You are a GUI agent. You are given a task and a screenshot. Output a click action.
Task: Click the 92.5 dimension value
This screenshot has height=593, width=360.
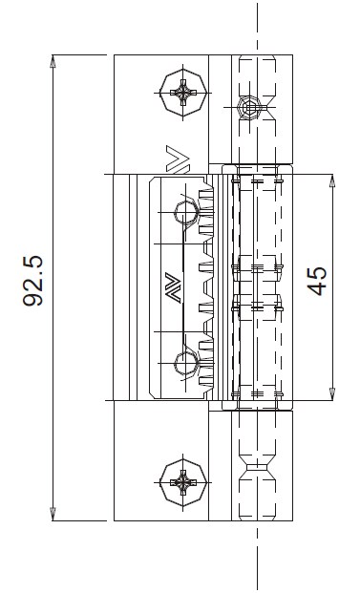pos(32,281)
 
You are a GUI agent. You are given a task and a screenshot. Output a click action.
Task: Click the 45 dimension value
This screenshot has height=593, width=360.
pos(317,281)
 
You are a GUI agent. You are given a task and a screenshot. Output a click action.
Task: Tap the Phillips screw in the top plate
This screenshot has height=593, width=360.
pos(183,93)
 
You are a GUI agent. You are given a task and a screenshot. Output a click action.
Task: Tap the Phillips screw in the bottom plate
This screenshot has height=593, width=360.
pos(183,482)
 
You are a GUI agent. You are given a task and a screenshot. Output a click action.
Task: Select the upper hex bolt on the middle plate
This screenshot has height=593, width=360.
pos(186,213)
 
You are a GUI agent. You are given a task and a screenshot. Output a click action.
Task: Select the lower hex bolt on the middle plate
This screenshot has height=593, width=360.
pos(186,364)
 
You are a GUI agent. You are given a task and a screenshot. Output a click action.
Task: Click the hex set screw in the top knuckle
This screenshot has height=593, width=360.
pos(249,108)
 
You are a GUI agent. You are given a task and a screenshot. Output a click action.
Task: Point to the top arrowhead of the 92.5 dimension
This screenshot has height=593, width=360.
pos(53,61)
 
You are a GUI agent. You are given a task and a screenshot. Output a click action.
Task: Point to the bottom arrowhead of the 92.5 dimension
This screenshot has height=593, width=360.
pos(53,515)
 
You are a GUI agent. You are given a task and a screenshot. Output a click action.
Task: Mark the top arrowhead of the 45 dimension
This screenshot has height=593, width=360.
pos(332,180)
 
